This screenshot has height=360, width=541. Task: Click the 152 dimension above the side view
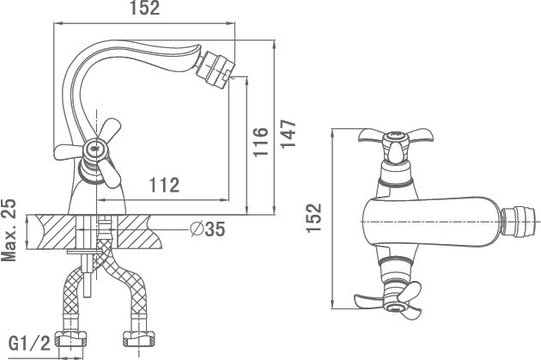click(x=145, y=8)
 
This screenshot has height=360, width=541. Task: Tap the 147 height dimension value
click(x=289, y=134)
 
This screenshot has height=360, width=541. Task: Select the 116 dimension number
click(x=260, y=142)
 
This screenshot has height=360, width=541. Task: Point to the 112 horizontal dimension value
click(x=164, y=185)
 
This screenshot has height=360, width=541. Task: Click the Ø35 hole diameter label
click(x=208, y=229)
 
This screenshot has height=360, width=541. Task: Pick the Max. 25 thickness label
click(x=9, y=230)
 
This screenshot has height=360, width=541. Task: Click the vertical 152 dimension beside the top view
click(x=314, y=218)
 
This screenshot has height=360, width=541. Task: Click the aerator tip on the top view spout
click(x=519, y=221)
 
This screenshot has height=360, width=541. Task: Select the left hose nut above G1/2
click(x=71, y=339)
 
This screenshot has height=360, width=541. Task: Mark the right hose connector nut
click(x=139, y=339)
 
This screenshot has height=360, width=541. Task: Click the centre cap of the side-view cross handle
click(x=94, y=149)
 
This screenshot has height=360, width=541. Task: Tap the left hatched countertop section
click(x=55, y=232)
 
